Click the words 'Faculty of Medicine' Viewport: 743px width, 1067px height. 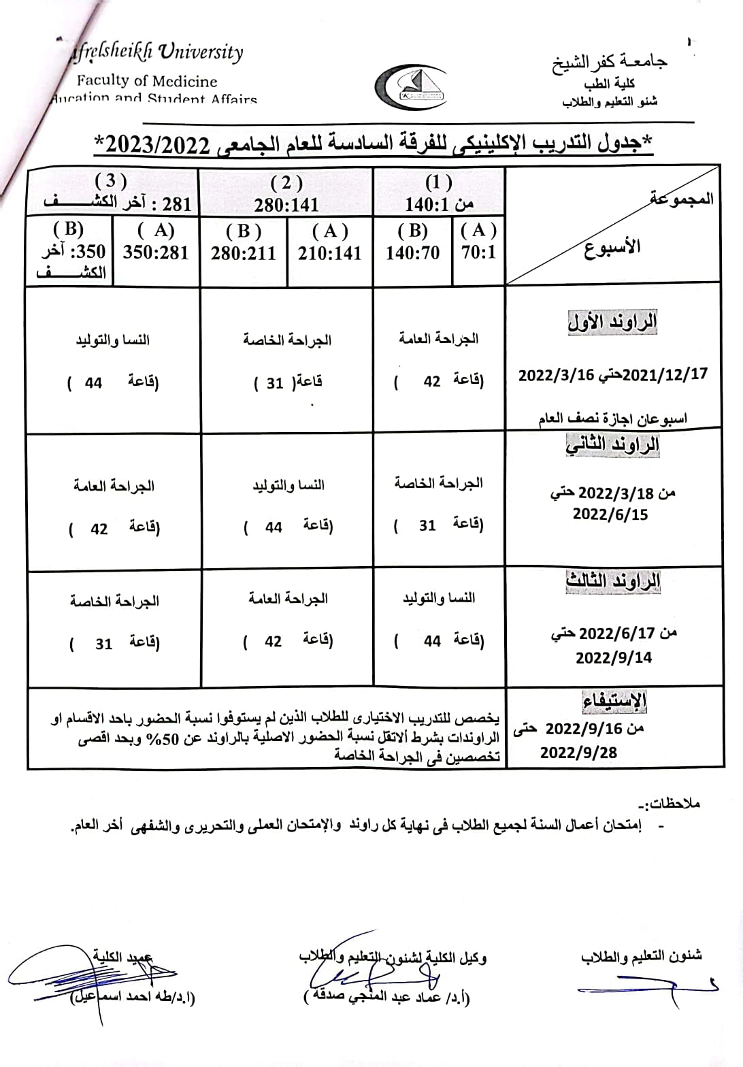click(147, 81)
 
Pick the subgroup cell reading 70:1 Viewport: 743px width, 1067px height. click(478, 252)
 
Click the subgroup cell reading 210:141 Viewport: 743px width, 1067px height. click(329, 252)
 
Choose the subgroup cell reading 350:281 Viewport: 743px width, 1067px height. click(156, 252)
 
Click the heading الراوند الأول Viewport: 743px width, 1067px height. click(612, 322)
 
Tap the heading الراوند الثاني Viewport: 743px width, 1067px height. click(612, 445)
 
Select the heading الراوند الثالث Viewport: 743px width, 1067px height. click(612, 582)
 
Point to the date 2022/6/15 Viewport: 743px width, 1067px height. click(610, 514)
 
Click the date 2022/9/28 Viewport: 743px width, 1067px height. click(579, 753)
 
